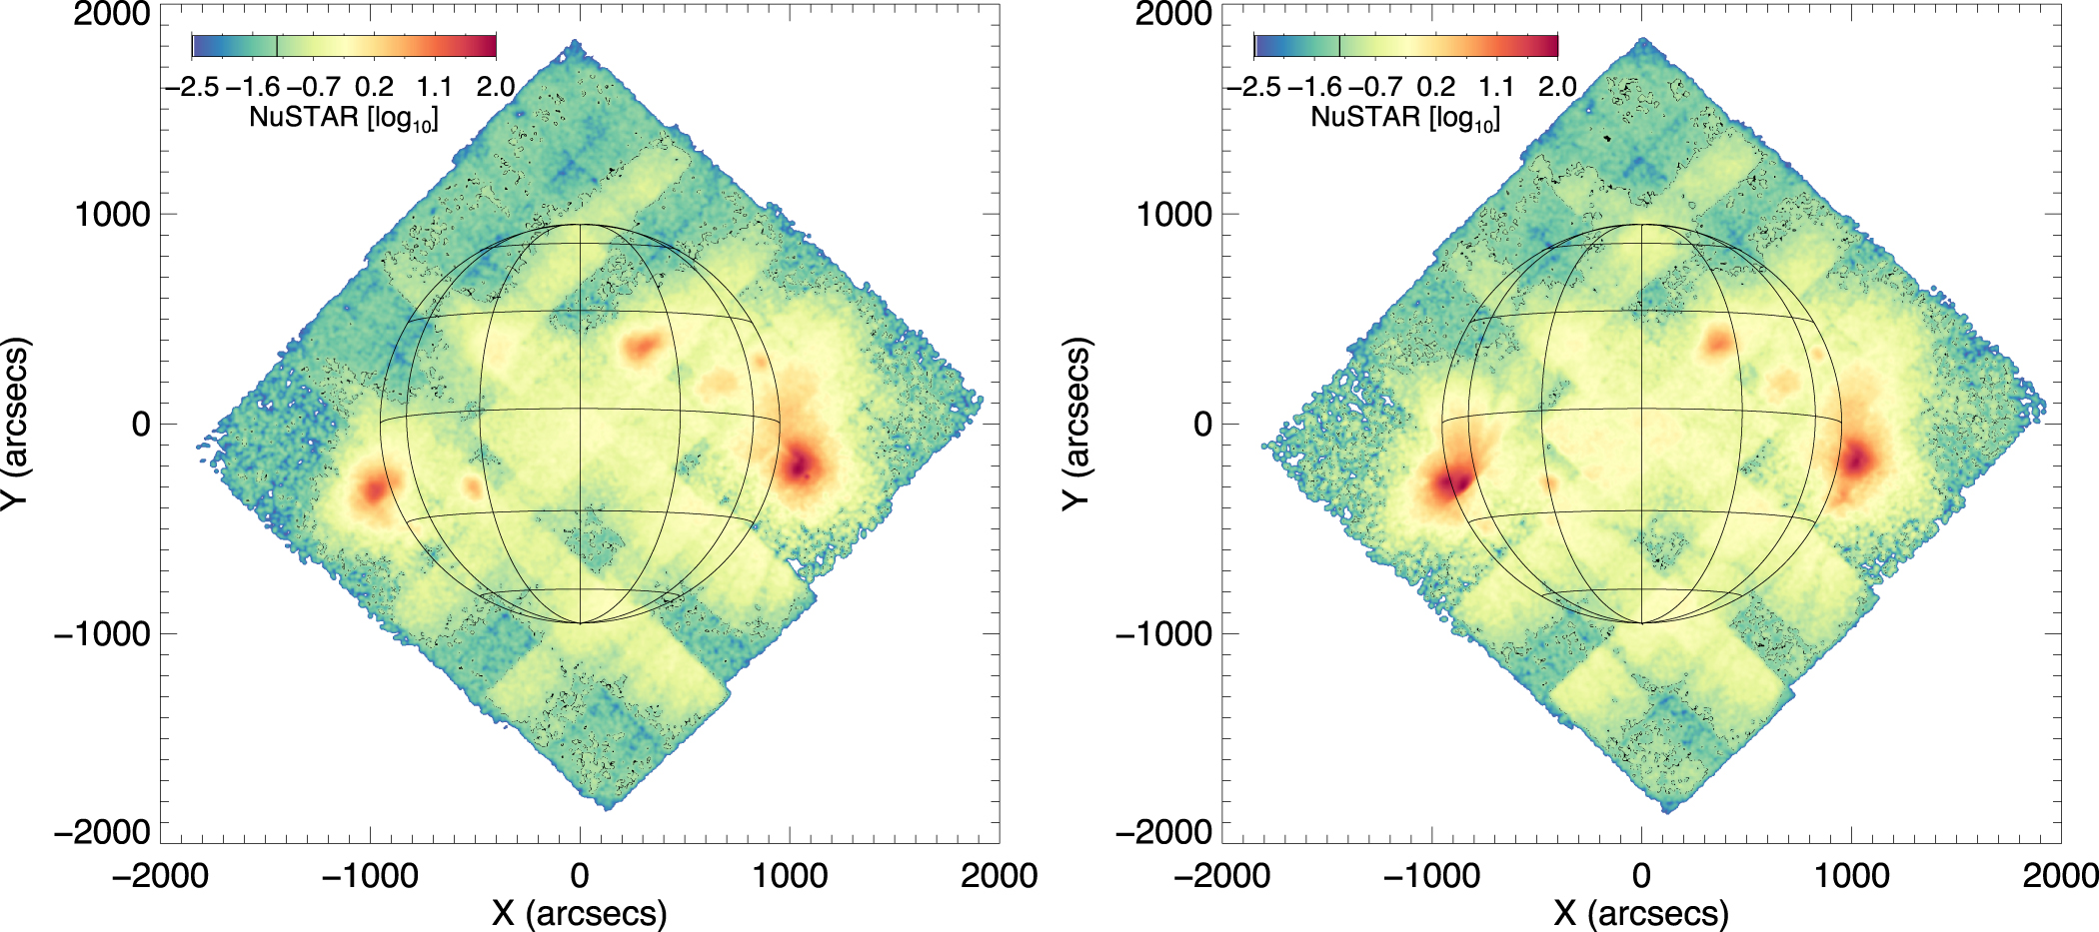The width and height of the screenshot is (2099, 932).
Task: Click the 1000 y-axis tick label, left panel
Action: click(x=112, y=214)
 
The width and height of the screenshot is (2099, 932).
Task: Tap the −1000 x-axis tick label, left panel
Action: click(x=369, y=876)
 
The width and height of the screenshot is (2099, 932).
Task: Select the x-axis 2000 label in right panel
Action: click(x=2059, y=876)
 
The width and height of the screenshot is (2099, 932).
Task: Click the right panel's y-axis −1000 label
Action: click(x=1163, y=633)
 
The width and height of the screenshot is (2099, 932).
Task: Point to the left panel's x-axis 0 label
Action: click(x=580, y=876)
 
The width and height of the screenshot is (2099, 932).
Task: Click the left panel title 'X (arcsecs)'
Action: click(x=580, y=913)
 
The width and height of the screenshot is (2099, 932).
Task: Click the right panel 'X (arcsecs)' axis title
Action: click(x=1641, y=913)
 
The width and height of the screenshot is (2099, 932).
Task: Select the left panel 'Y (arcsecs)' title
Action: click(x=14, y=424)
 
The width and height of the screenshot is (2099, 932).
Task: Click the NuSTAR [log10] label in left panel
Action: click(x=344, y=118)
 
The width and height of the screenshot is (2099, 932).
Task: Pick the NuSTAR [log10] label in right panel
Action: click(x=1405, y=118)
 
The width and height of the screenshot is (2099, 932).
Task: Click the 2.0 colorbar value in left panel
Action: click(x=496, y=87)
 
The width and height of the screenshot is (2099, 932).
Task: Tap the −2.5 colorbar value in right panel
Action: click(x=1253, y=87)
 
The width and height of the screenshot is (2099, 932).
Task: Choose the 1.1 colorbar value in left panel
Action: click(x=435, y=87)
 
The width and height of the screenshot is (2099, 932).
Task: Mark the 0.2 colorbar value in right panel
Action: click(x=1436, y=87)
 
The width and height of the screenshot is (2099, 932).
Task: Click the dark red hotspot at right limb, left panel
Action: click(x=800, y=465)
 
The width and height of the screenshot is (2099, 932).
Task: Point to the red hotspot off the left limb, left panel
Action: click(x=373, y=489)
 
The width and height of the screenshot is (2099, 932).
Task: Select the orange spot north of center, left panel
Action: click(x=641, y=348)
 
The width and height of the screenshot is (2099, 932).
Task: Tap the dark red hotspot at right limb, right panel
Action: click(x=1857, y=461)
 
